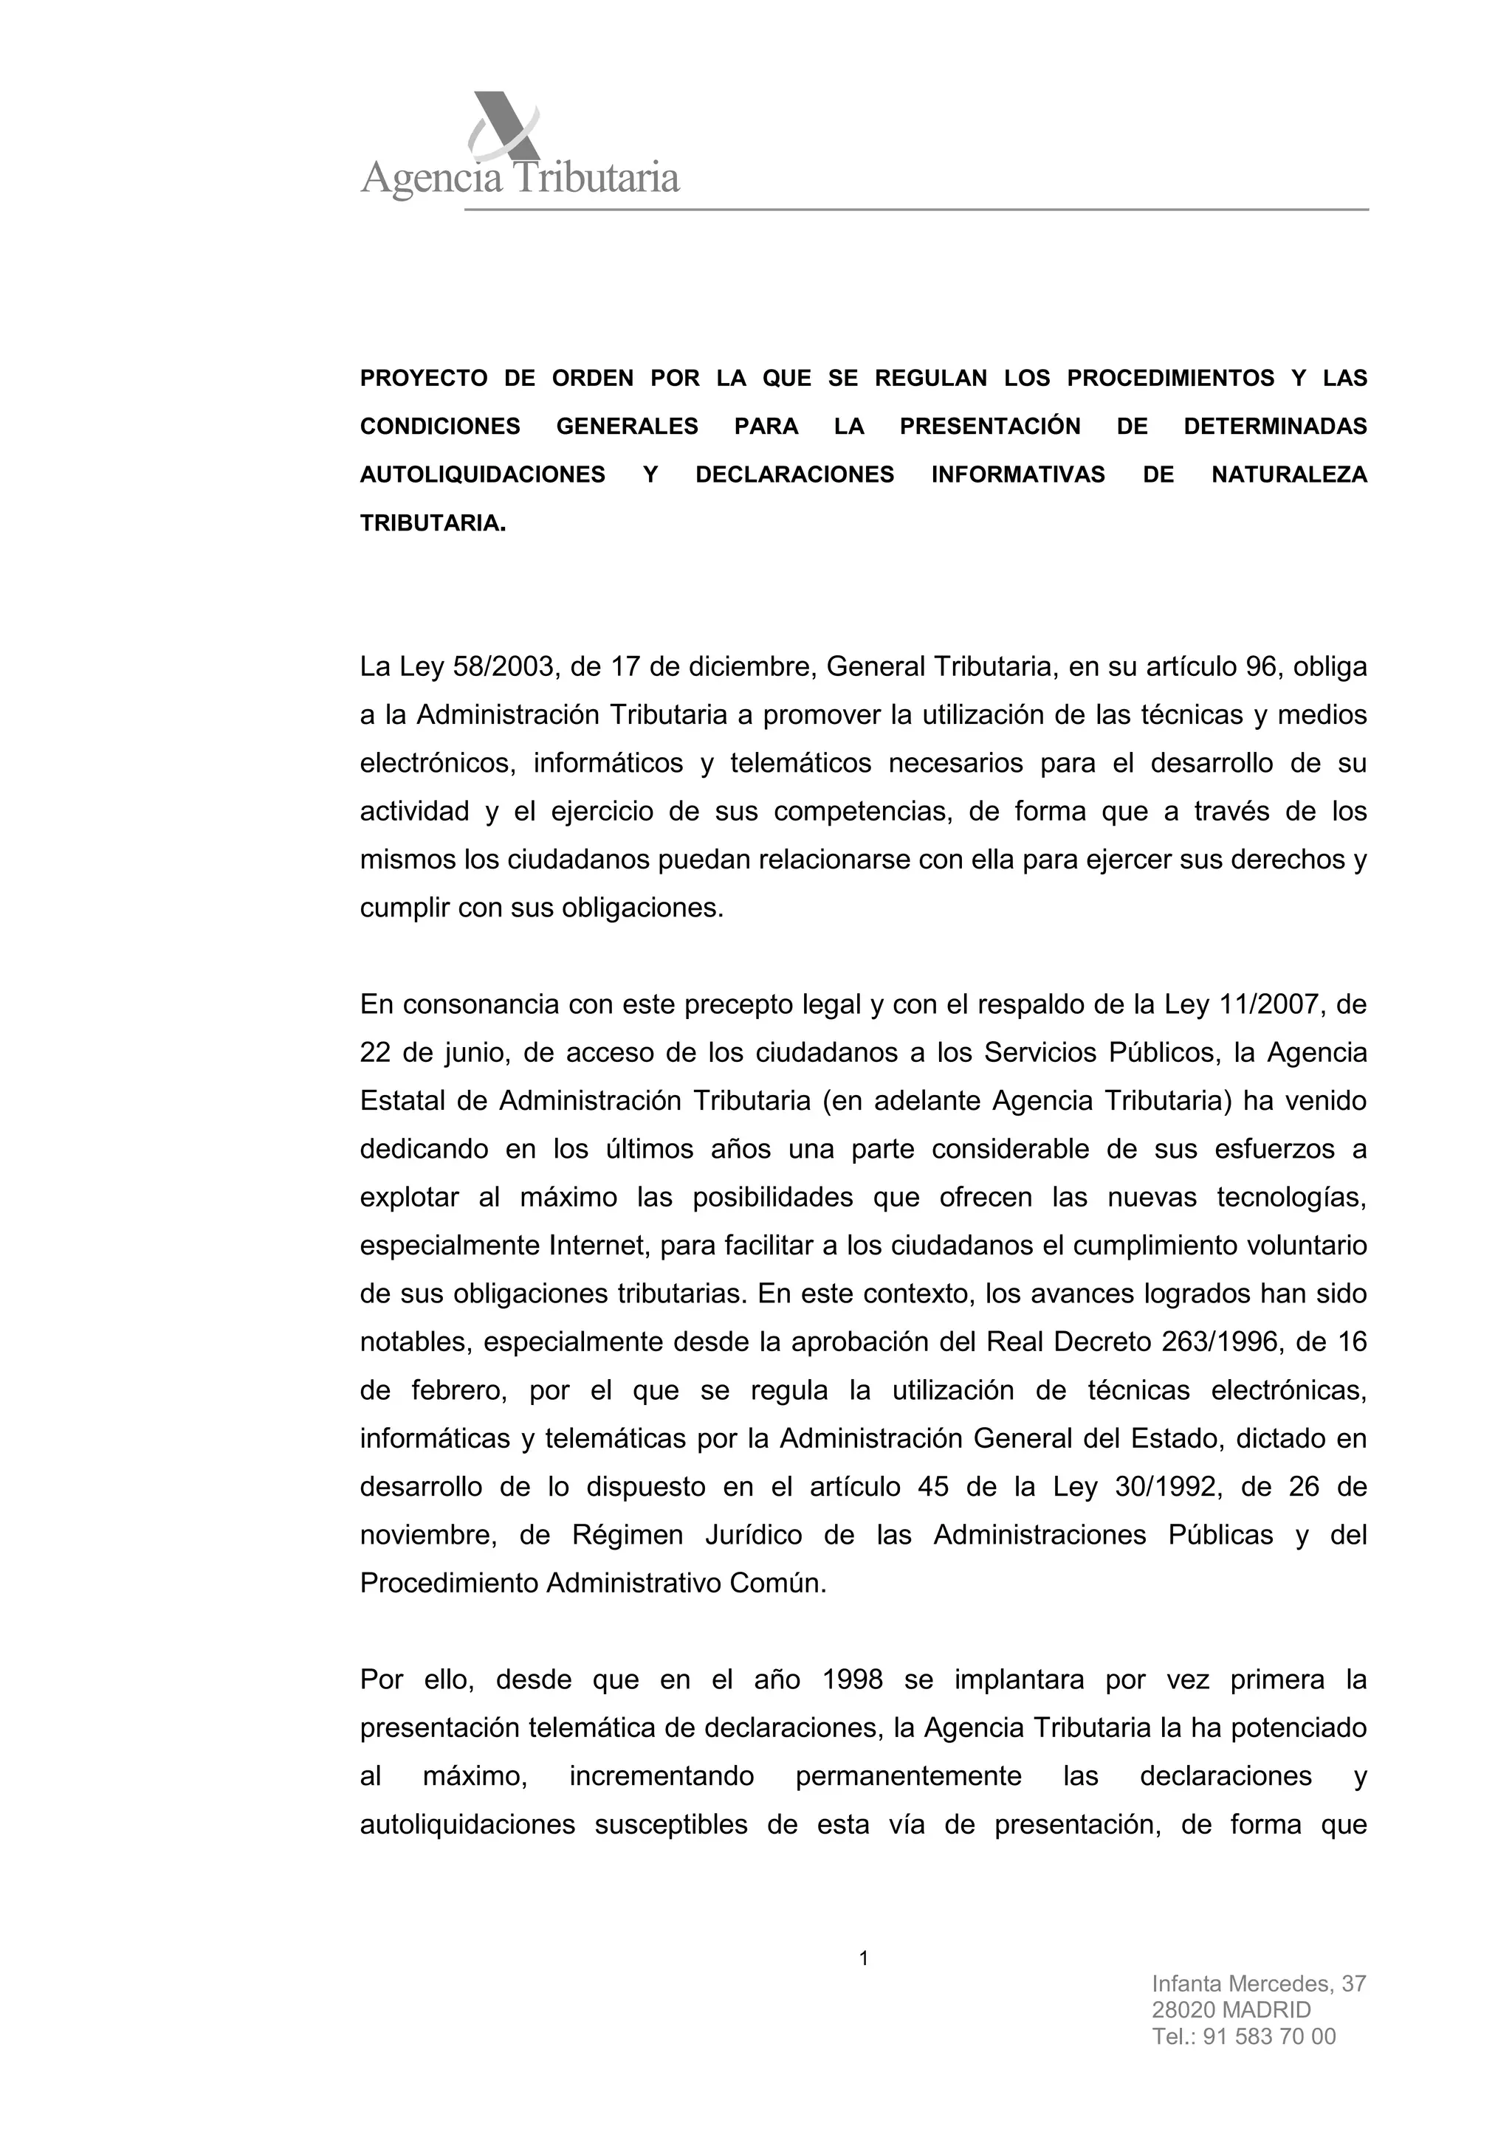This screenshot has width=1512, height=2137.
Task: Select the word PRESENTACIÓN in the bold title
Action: tap(990, 427)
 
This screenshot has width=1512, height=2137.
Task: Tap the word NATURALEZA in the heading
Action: tap(1288, 476)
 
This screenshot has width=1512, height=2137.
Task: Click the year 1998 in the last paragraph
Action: tap(853, 1681)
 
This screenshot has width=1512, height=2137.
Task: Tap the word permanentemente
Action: tap(908, 1777)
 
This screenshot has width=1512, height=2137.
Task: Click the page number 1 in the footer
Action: tap(863, 1959)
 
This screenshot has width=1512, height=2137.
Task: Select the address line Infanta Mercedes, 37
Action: tap(1258, 1984)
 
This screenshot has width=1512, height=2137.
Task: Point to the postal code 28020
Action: tap(1181, 2010)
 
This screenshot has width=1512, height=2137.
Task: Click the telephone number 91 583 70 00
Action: tap(1269, 2037)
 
